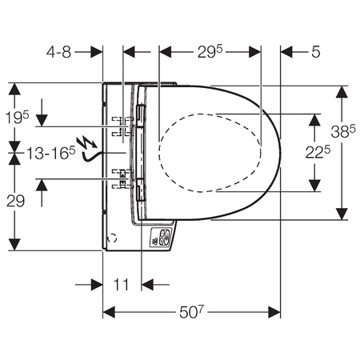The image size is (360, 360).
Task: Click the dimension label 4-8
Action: (59, 52)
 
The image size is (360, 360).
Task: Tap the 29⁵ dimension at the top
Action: (210, 51)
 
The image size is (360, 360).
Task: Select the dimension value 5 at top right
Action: (316, 52)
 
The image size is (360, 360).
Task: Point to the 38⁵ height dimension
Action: (343, 131)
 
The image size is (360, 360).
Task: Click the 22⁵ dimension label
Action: (318, 153)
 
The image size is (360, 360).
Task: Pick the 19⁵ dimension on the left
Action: (18, 117)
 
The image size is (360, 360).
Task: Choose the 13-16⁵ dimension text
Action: (50, 153)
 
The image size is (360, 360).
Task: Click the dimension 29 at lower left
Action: (15, 201)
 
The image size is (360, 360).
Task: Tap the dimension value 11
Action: (122, 285)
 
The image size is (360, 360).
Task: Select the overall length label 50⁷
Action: (191, 312)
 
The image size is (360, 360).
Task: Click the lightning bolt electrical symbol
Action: (86, 142)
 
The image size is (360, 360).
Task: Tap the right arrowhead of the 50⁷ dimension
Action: (274, 312)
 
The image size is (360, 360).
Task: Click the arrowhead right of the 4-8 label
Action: (97, 52)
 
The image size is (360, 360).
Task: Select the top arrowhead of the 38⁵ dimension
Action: (342, 92)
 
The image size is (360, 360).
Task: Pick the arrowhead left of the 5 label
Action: (286, 52)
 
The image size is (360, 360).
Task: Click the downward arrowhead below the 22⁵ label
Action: (314, 186)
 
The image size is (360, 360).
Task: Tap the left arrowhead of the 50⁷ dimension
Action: (109, 312)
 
